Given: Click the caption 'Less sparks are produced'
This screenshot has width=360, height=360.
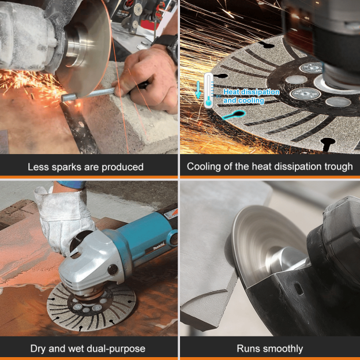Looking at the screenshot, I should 85,167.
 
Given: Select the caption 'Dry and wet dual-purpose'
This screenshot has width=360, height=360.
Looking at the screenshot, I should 87,348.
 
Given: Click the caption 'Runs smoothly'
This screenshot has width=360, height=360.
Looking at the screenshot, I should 269,348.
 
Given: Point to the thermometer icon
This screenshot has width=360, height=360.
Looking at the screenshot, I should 208,90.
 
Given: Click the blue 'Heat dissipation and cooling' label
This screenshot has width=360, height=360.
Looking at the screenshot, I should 251,96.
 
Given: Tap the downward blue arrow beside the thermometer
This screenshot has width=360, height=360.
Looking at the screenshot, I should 198,89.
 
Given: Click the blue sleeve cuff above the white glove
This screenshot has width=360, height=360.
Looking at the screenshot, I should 70,185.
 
